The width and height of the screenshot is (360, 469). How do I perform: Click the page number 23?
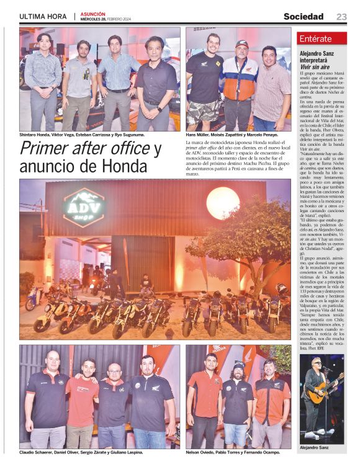341,17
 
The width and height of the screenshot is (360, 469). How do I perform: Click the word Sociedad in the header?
304,17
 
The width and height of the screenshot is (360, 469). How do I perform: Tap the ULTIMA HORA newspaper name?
43,16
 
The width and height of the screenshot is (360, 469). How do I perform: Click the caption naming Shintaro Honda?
82,135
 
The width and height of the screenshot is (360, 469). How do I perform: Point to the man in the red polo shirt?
83,397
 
